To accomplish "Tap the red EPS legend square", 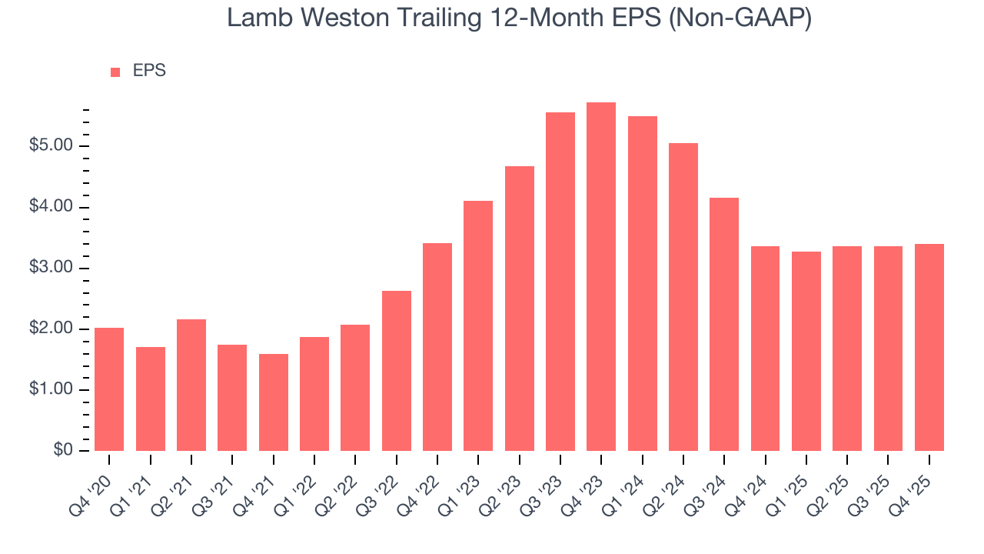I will [115, 72].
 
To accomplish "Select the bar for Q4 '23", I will [601, 277].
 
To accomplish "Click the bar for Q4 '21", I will [273, 402].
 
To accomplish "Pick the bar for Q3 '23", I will [560, 282].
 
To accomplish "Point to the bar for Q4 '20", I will [109, 389].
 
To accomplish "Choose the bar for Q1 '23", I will [478, 325].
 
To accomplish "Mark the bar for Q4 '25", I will [929, 347].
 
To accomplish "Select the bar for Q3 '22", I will [396, 371].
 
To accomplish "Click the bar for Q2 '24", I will [683, 297].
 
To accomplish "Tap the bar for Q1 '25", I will [806, 351].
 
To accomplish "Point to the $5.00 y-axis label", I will [52, 146].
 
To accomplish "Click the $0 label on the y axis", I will [64, 451].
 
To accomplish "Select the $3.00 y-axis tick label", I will [52, 269].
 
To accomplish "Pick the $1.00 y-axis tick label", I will [52, 390].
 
